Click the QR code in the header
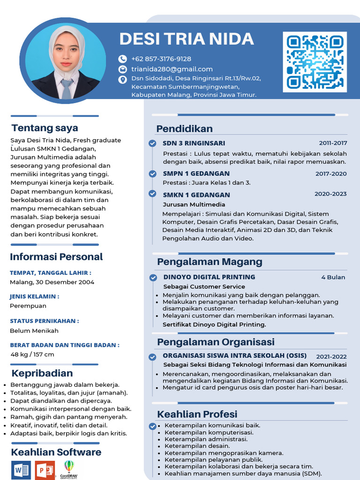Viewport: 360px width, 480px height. pos(315,62)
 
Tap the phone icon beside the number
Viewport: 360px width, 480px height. pos(122,59)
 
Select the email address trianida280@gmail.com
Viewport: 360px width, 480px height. pos(172,69)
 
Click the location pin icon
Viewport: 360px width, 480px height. pos(122,80)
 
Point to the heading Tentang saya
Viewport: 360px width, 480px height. pos(45,128)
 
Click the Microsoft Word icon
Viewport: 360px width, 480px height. pos(21,470)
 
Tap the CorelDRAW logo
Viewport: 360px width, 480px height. pos(69,469)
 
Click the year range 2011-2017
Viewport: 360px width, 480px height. pos(333,143)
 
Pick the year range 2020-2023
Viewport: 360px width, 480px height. pos(330,194)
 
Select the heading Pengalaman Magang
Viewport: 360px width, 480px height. pos(210,262)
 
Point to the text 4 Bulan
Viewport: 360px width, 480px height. pos(333,277)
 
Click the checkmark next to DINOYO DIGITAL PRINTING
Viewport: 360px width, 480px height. pos(153,277)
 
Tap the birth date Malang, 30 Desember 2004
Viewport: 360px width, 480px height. pos(52,282)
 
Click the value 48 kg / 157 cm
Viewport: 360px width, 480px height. pos(32,354)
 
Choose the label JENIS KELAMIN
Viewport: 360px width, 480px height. pos(34,297)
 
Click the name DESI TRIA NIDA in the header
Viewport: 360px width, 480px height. pos(187,39)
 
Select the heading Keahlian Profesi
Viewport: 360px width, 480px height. pos(197,414)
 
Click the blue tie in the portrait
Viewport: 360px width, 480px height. pos(66,89)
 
